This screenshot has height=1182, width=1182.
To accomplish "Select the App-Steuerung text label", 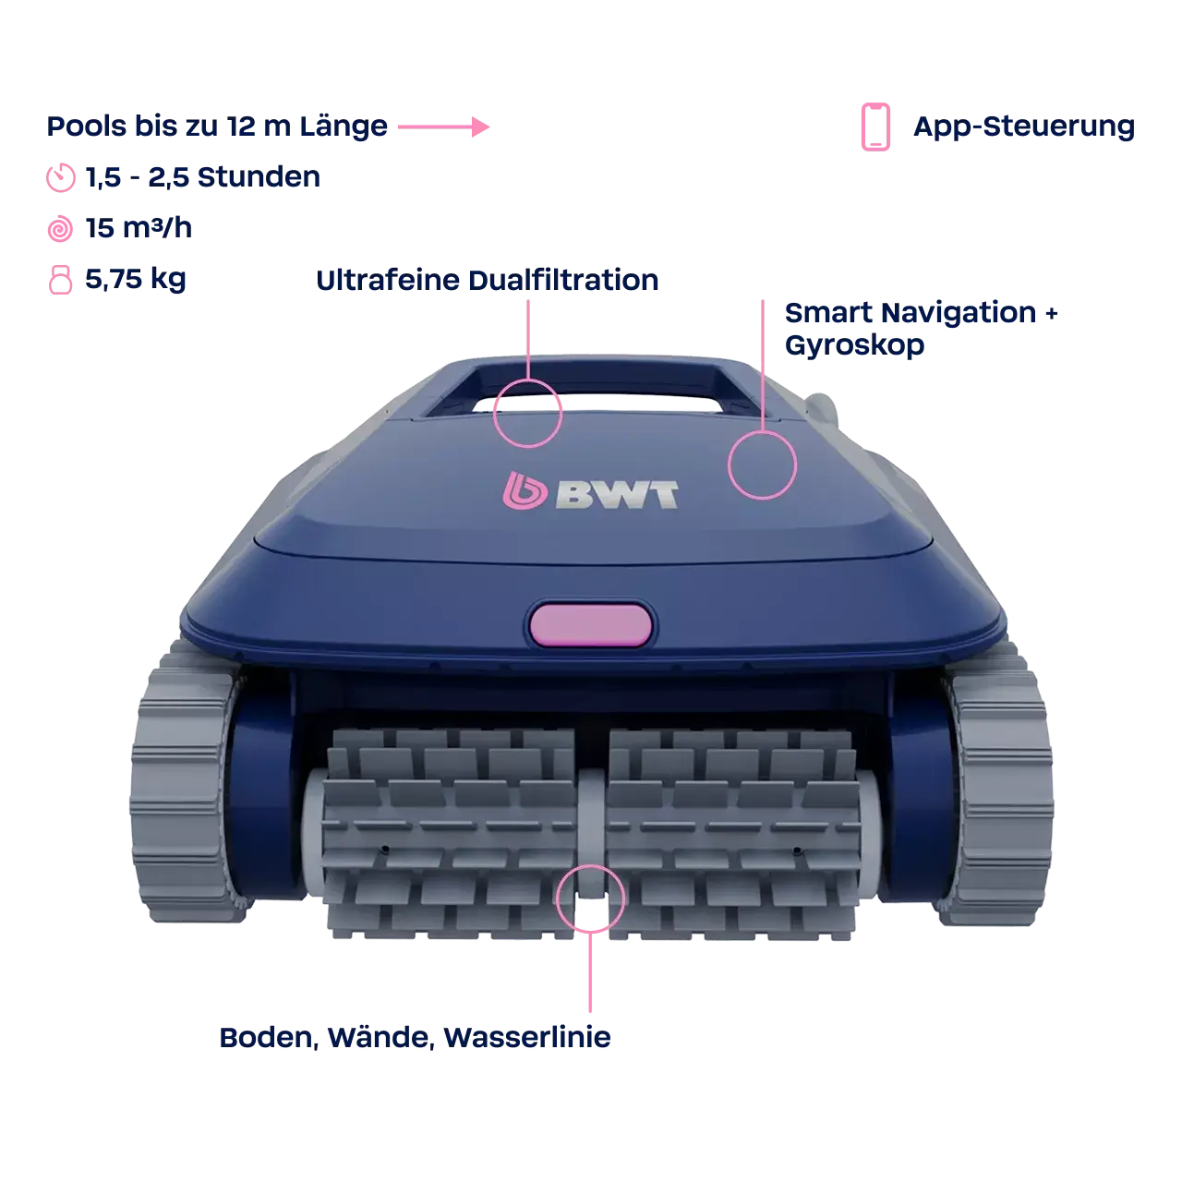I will (1023, 127).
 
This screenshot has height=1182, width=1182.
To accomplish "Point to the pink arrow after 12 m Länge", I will (442, 127).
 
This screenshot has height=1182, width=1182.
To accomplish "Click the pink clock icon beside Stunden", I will (60, 177).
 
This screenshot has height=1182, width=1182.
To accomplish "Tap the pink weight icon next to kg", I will (60, 279).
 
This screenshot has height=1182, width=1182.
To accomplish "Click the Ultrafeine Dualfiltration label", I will (489, 282).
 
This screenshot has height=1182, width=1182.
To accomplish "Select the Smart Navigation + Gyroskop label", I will (922, 328).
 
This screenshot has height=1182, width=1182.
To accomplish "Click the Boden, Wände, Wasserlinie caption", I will (414, 1037).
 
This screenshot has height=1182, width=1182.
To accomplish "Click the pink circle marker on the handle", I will (527, 413).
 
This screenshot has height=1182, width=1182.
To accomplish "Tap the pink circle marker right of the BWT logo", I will (762, 466).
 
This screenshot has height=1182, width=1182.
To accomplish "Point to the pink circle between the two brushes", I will (591, 898).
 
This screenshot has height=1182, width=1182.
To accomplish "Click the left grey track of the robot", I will (175, 790).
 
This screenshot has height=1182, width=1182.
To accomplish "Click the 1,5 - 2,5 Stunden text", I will (203, 177).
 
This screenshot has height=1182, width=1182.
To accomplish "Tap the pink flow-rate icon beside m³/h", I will (60, 229).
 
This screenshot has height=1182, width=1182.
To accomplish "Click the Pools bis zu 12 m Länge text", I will (216, 127).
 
